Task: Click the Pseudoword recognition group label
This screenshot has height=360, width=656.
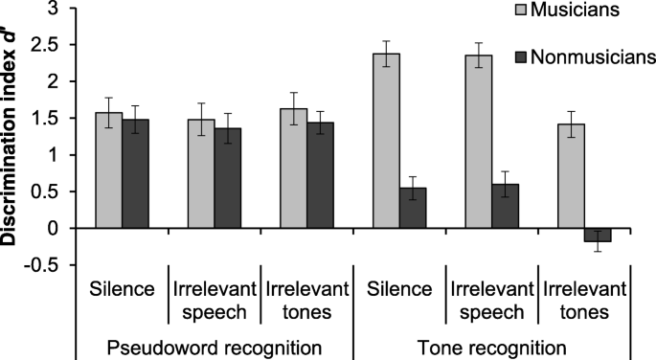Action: coord(214,346)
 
